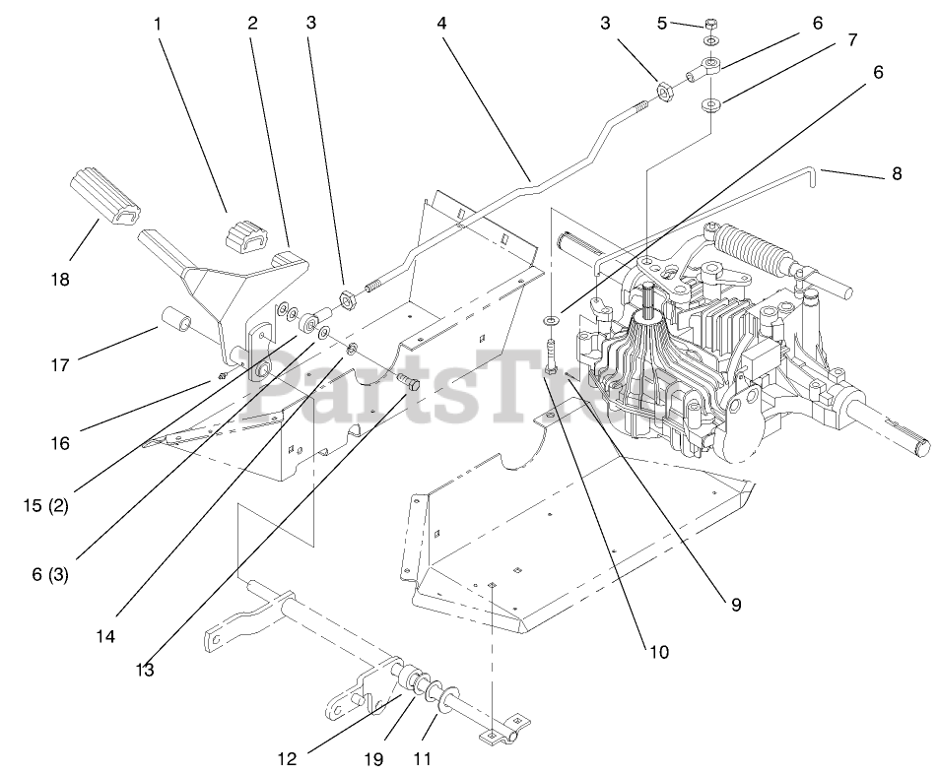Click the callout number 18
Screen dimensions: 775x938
60,280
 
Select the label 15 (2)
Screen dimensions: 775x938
45,507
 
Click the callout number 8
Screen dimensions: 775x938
896,174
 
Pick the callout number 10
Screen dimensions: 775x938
658,651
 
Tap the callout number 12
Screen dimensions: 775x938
286,758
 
